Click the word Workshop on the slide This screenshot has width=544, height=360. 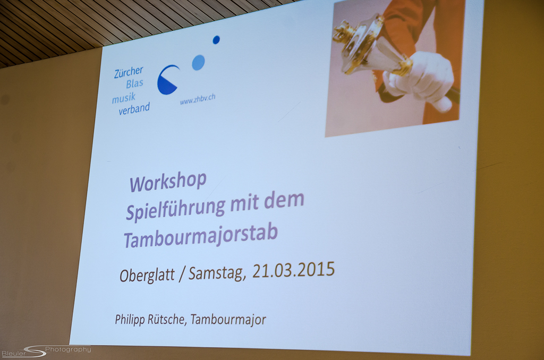[x=168, y=182]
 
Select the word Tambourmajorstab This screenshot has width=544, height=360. [x=201, y=236]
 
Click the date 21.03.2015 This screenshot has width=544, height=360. [x=293, y=270]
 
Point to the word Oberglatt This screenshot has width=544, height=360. [x=147, y=276]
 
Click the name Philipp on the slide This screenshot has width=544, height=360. [x=130, y=320]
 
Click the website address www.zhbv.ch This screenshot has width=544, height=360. [x=198, y=99]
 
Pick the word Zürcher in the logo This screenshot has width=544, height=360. [x=129, y=72]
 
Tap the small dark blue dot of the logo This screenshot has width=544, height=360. [x=216, y=40]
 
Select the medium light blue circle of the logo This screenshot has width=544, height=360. [x=198, y=63]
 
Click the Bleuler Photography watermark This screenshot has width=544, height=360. [x=46, y=352]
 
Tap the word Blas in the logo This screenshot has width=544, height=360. [x=134, y=84]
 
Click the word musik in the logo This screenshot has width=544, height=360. [x=123, y=99]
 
